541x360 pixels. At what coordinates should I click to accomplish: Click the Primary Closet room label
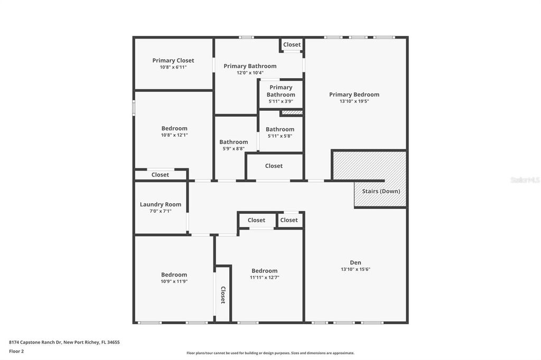pyautogui.click(x=173, y=61)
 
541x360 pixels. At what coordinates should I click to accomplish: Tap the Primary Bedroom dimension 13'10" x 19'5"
pyautogui.click(x=354, y=101)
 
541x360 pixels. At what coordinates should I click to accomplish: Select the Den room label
pyautogui.click(x=355, y=262)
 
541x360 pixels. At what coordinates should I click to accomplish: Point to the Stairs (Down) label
pyautogui.click(x=380, y=191)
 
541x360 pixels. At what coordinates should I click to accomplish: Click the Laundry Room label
pyautogui.click(x=160, y=204)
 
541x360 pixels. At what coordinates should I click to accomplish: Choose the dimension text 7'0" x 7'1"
pyautogui.click(x=160, y=211)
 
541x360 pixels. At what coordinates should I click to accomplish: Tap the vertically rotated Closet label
pyautogui.click(x=223, y=295)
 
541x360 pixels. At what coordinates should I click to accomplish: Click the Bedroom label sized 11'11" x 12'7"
pyautogui.click(x=264, y=271)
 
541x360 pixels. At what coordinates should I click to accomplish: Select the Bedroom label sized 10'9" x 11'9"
pyautogui.click(x=174, y=274)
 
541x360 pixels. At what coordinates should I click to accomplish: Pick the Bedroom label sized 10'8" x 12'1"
pyautogui.click(x=174, y=128)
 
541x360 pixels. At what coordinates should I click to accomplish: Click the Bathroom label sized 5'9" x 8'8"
pyautogui.click(x=234, y=142)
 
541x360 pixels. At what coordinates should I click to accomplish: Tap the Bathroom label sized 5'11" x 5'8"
pyautogui.click(x=280, y=129)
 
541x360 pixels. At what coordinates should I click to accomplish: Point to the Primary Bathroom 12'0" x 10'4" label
pyautogui.click(x=250, y=66)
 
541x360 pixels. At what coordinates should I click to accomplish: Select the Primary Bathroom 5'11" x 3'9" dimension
pyautogui.click(x=281, y=101)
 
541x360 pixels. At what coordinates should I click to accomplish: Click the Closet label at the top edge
pyautogui.click(x=292, y=45)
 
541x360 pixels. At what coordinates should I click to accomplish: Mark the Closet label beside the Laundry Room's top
pyautogui.click(x=160, y=175)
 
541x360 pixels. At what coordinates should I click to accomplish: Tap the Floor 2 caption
pyautogui.click(x=16, y=350)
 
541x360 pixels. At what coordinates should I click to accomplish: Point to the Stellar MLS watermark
pyautogui.click(x=525, y=180)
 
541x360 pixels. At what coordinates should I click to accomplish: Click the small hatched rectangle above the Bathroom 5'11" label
pyautogui.click(x=292, y=112)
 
